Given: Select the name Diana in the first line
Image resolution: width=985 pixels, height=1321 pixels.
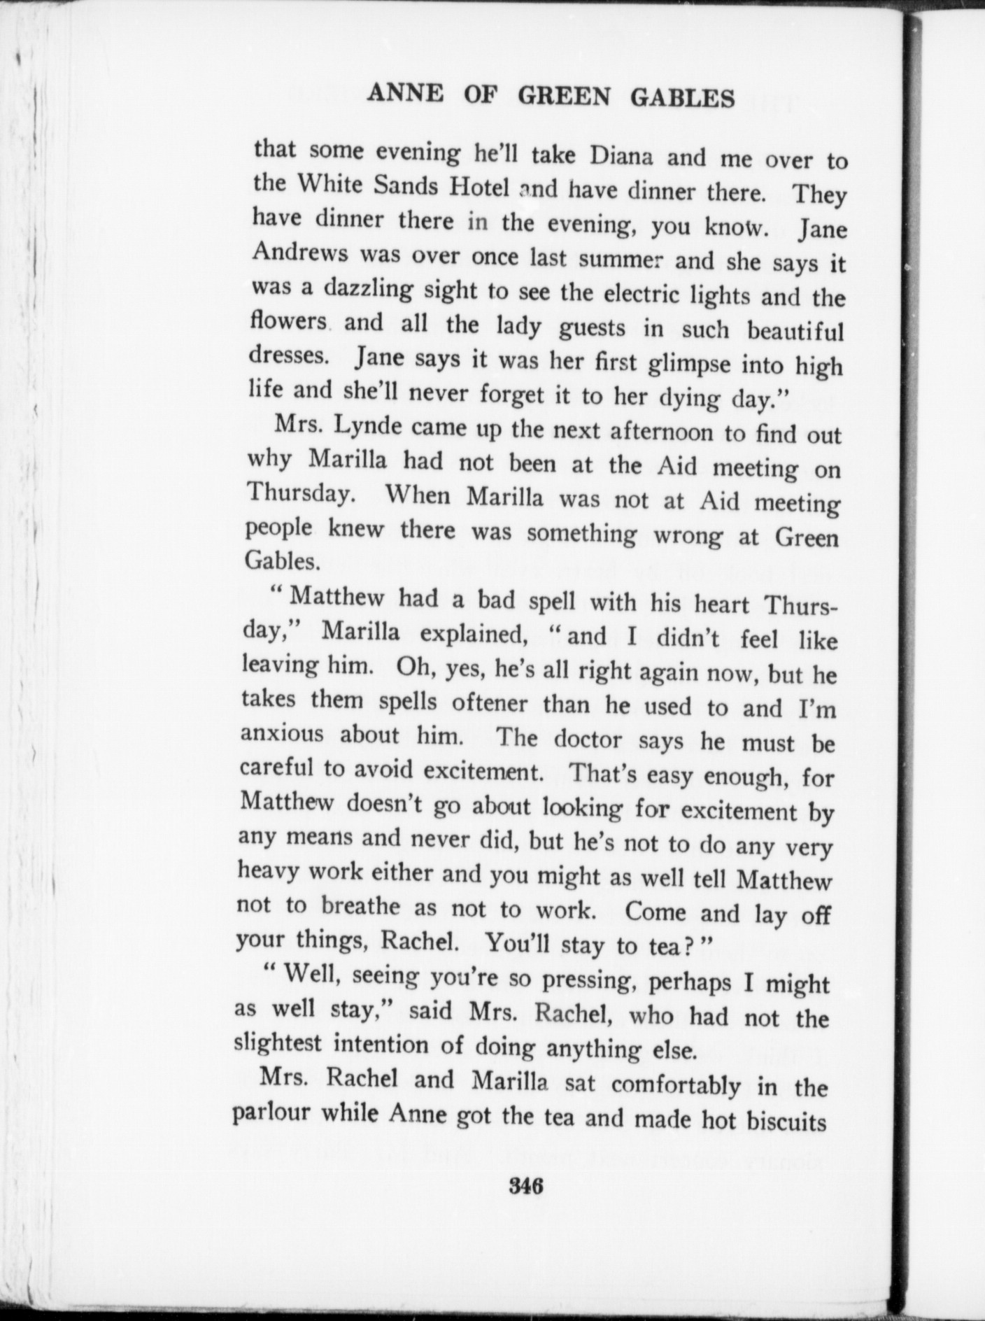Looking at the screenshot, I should [x=621, y=155].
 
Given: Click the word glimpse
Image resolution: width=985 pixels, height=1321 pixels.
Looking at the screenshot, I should [x=688, y=365].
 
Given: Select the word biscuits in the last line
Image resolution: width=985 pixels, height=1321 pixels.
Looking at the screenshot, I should [x=787, y=1122].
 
